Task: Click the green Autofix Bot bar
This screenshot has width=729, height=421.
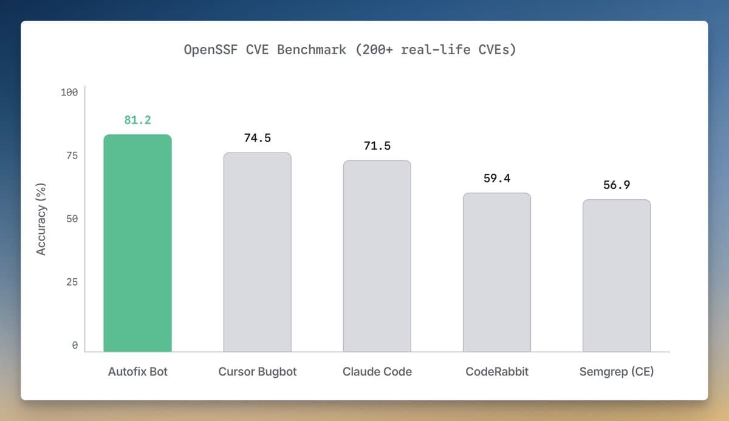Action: click(x=137, y=243)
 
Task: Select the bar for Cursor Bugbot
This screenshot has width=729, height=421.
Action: click(x=257, y=252)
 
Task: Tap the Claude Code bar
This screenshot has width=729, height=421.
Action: click(x=377, y=256)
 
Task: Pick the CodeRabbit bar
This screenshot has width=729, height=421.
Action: click(x=496, y=272)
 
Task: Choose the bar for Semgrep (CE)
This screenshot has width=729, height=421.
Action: click(x=616, y=275)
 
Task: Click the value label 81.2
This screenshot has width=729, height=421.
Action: click(x=137, y=120)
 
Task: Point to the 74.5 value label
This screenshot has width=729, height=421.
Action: click(x=257, y=138)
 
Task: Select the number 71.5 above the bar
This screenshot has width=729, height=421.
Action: click(x=377, y=146)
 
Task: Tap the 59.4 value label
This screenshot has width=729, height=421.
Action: click(x=496, y=179)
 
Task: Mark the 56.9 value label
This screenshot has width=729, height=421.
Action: click(x=616, y=185)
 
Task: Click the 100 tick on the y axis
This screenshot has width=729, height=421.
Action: click(x=69, y=92)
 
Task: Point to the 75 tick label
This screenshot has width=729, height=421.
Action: click(x=72, y=156)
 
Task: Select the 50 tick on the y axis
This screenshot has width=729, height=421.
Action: click(x=72, y=219)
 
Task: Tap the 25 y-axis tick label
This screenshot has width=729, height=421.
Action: click(x=72, y=282)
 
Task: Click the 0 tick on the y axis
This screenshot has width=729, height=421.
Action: click(x=75, y=345)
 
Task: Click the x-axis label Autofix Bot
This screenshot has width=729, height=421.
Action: click(x=137, y=371)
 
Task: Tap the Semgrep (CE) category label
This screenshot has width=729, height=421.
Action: click(x=616, y=371)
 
